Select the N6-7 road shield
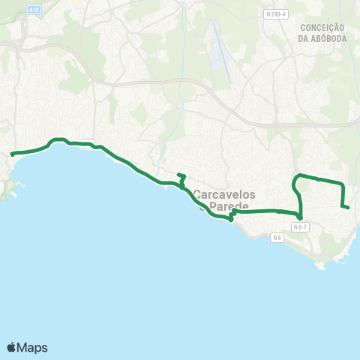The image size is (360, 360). [301, 226]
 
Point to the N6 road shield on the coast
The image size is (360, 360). [277, 238]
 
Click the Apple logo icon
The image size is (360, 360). [12, 347]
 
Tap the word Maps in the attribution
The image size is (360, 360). [33, 347]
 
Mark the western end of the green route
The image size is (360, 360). [12, 154]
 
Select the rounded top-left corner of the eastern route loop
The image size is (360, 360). [295, 178]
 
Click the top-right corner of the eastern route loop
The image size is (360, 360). [342, 184]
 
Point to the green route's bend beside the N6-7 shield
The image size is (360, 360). [299, 217]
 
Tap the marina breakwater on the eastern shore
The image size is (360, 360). [341, 255]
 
